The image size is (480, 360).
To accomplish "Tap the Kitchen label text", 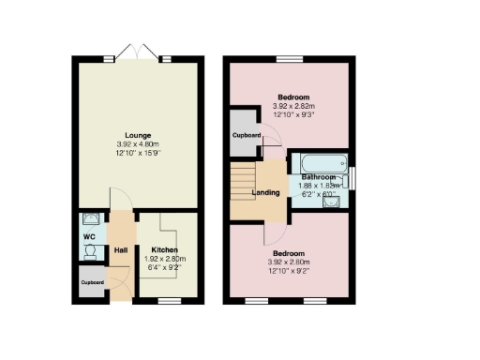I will click(x=164, y=249).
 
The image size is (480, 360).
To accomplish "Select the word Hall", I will click(x=120, y=249).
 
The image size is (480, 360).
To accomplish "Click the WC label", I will click(x=90, y=237).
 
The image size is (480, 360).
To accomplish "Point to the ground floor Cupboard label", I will click(x=92, y=282).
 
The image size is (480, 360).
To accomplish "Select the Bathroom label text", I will click(x=319, y=177).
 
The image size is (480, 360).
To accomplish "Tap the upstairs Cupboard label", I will click(x=247, y=135).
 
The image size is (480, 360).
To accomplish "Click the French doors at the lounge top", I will click(x=138, y=53).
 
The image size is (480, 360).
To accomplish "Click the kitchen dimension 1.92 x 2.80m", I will click(x=164, y=259).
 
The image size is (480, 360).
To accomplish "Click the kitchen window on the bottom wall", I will click(x=169, y=301).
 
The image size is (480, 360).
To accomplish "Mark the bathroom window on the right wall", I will click(x=353, y=178).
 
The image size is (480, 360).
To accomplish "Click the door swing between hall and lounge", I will click(x=120, y=200).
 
